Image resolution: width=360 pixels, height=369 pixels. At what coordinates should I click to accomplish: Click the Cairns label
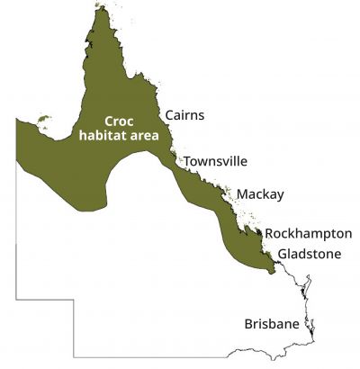click(x=184, y=115)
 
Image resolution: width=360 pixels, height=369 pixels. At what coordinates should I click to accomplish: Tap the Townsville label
click(x=215, y=162)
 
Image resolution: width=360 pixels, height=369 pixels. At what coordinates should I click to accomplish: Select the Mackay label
click(x=260, y=194)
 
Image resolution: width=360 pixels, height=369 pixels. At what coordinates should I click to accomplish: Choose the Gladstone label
click(x=310, y=254)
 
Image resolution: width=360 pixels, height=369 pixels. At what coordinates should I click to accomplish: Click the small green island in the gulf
click(x=42, y=117)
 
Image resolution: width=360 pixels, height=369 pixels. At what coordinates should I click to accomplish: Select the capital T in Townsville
click(x=187, y=162)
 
